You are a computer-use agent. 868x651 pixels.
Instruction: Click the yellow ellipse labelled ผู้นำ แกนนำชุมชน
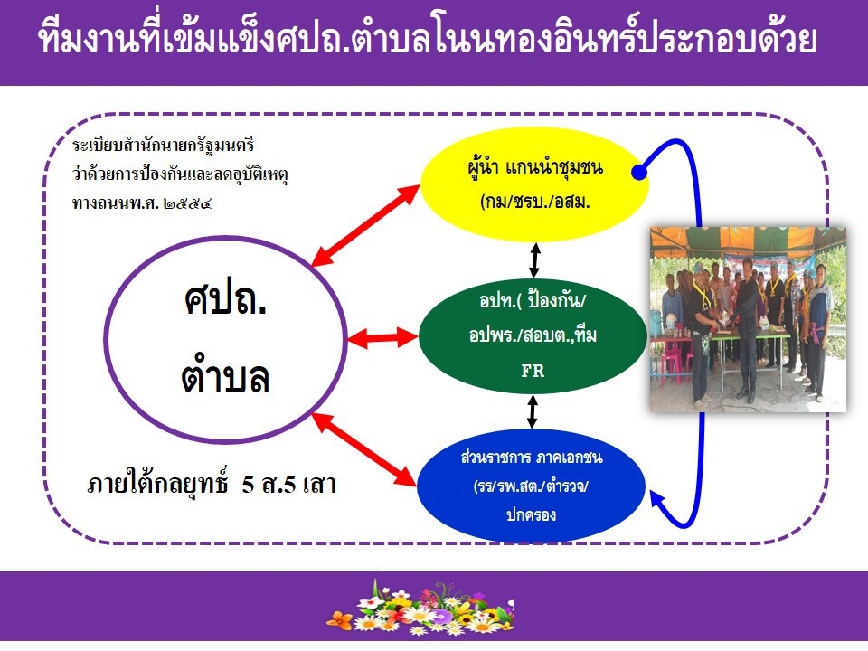click(533, 184)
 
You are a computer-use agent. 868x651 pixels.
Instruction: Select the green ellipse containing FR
click(533, 335)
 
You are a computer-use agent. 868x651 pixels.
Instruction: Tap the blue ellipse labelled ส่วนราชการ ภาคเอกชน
click(531, 486)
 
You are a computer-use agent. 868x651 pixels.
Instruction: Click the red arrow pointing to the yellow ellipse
click(366, 225)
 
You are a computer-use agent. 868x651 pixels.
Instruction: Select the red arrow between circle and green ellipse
click(382, 337)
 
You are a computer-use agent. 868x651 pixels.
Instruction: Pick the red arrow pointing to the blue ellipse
click(363, 449)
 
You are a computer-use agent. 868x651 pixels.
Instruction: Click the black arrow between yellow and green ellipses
click(534, 260)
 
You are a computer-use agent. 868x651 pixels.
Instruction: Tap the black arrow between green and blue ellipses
click(533, 411)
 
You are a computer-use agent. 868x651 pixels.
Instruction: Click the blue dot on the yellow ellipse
click(639, 173)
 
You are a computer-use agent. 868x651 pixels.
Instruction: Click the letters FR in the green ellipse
click(533, 371)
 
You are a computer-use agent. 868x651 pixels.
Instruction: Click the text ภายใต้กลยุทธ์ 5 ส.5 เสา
click(212, 484)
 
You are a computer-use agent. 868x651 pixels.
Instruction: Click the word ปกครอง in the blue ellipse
click(531, 514)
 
